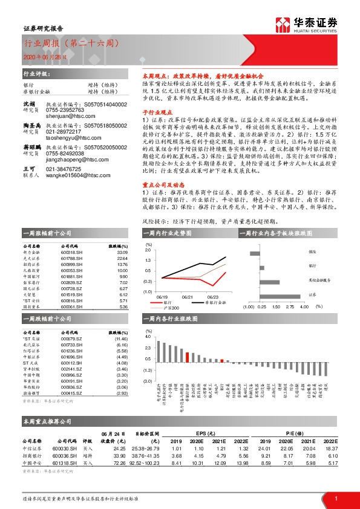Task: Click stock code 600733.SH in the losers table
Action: pyautogui.click(x=72, y=345)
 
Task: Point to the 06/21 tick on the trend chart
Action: pyautogui.click(x=188, y=297)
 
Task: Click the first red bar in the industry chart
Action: pyautogui.click(x=160, y=349)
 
